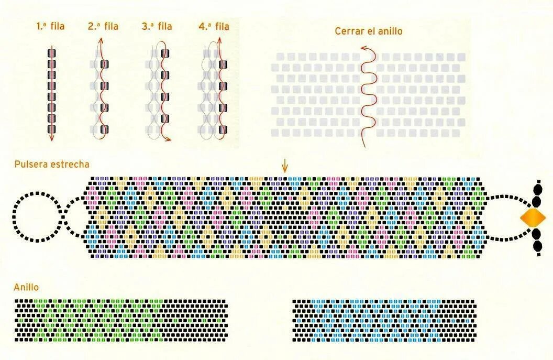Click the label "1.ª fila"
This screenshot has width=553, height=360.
[x=51, y=26]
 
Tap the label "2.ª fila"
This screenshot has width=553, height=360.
[x=103, y=26]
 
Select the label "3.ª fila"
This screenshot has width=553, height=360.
[x=157, y=26]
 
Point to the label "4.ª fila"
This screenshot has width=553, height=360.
[x=214, y=26]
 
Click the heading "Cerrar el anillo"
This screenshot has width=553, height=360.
[x=369, y=31]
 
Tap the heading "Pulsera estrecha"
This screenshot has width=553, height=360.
[x=51, y=165]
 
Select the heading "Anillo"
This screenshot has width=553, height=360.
[x=26, y=287]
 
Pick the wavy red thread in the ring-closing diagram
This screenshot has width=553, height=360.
[x=369, y=94]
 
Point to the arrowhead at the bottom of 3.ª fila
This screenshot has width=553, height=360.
[x=168, y=138]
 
